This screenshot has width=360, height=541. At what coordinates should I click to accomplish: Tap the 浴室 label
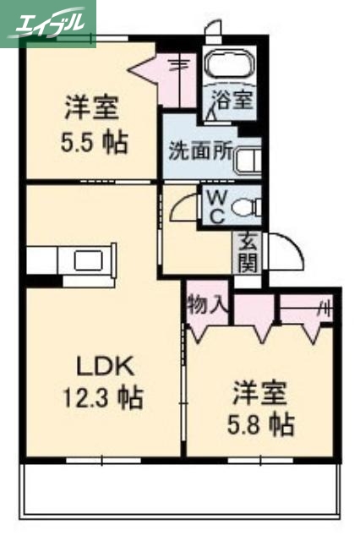(232, 100)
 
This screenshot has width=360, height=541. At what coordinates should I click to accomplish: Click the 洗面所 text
(199, 152)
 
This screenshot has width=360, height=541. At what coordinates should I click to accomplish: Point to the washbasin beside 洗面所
(248, 159)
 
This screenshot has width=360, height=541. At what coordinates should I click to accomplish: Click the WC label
(215, 205)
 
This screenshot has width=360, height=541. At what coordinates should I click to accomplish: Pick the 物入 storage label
(207, 303)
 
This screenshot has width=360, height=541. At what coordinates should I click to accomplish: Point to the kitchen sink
(88, 260)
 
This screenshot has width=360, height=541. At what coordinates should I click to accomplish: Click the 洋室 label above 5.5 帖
(93, 109)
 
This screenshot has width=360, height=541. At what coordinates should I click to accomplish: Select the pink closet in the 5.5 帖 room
(176, 68)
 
